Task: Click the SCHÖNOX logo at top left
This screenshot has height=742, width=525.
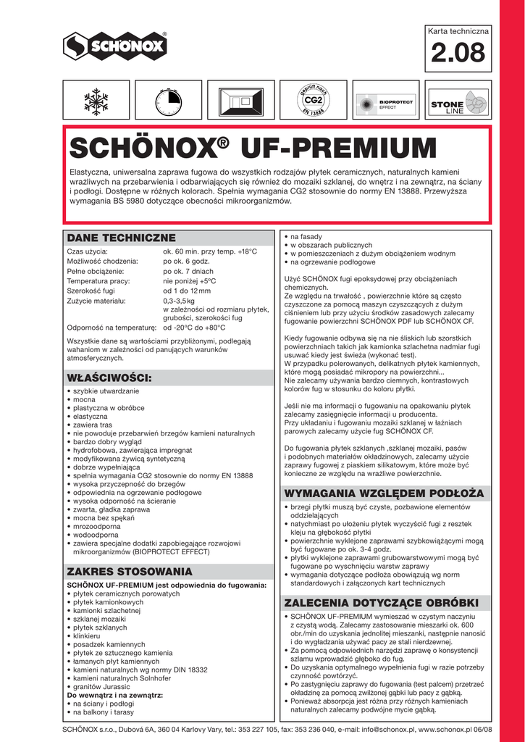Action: click(x=115, y=47)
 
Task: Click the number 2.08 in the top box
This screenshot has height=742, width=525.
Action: click(x=458, y=53)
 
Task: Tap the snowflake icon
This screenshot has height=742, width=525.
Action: click(x=95, y=101)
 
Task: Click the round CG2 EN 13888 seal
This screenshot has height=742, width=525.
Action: click(x=313, y=101)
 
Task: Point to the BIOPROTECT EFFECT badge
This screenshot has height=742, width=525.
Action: click(x=386, y=102)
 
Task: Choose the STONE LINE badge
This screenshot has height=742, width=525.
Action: click(x=459, y=102)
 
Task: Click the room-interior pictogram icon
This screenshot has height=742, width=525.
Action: click(x=240, y=101)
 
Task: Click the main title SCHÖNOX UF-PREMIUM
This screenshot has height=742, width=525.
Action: click(x=253, y=149)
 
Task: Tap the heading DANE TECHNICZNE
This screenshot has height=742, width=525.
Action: click(x=122, y=238)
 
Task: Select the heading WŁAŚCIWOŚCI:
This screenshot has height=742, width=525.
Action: click(x=109, y=378)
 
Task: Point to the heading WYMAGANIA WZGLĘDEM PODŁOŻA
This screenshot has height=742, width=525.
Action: click(x=384, y=493)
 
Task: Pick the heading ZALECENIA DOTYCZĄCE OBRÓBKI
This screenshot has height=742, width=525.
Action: click(x=382, y=603)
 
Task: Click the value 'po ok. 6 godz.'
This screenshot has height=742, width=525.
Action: click(x=187, y=261)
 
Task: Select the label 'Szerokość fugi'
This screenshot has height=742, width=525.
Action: click(x=93, y=291)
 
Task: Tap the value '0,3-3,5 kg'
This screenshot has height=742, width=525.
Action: click(x=179, y=300)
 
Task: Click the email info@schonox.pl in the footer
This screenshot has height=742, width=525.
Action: click(x=377, y=729)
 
